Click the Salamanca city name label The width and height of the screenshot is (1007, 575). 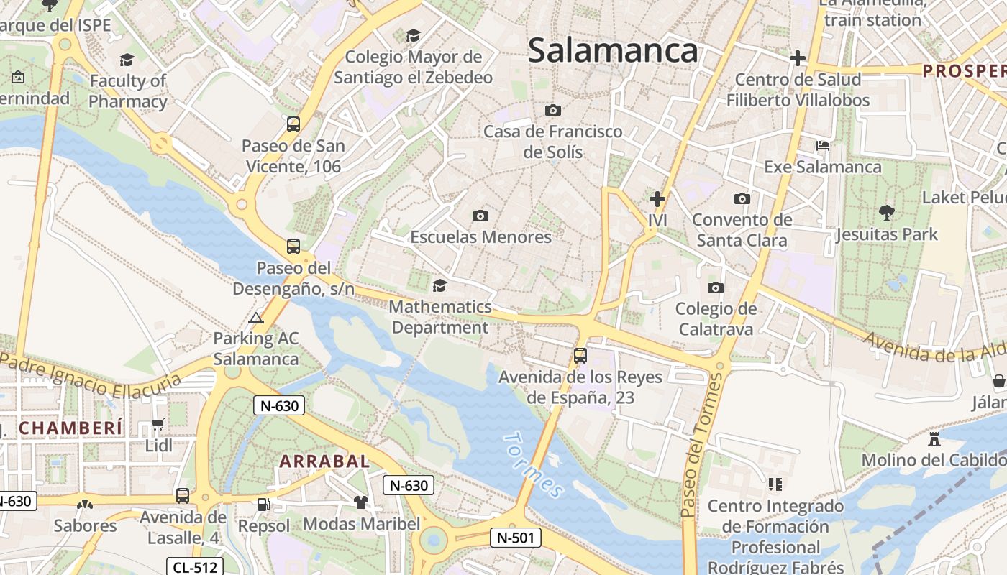[613, 50]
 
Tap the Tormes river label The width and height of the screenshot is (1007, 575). [533, 464]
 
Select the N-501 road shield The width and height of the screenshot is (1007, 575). [516, 537]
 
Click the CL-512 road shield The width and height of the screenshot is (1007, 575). [195, 567]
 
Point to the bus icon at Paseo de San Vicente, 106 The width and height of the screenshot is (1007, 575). [293, 124]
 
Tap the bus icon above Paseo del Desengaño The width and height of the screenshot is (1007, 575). [293, 247]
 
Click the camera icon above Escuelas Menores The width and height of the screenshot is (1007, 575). [480, 216]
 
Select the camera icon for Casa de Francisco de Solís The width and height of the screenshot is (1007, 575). [552, 110]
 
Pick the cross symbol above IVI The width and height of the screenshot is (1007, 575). [657, 199]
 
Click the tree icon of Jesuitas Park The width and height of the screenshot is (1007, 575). [887, 212]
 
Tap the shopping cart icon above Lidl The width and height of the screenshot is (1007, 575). [158, 425]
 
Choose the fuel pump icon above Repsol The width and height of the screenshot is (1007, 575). [264, 505]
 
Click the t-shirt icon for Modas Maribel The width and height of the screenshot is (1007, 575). [361, 502]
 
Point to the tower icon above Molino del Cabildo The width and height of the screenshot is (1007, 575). [934, 438]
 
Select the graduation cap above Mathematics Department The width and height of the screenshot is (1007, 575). [439, 286]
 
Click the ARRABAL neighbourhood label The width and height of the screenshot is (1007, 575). [324, 461]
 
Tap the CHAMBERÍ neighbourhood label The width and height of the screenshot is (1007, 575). [70, 428]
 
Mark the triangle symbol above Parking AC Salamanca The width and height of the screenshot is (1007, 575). [255, 318]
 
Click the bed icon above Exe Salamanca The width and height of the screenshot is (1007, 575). [823, 146]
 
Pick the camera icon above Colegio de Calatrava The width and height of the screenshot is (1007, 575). [715, 288]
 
